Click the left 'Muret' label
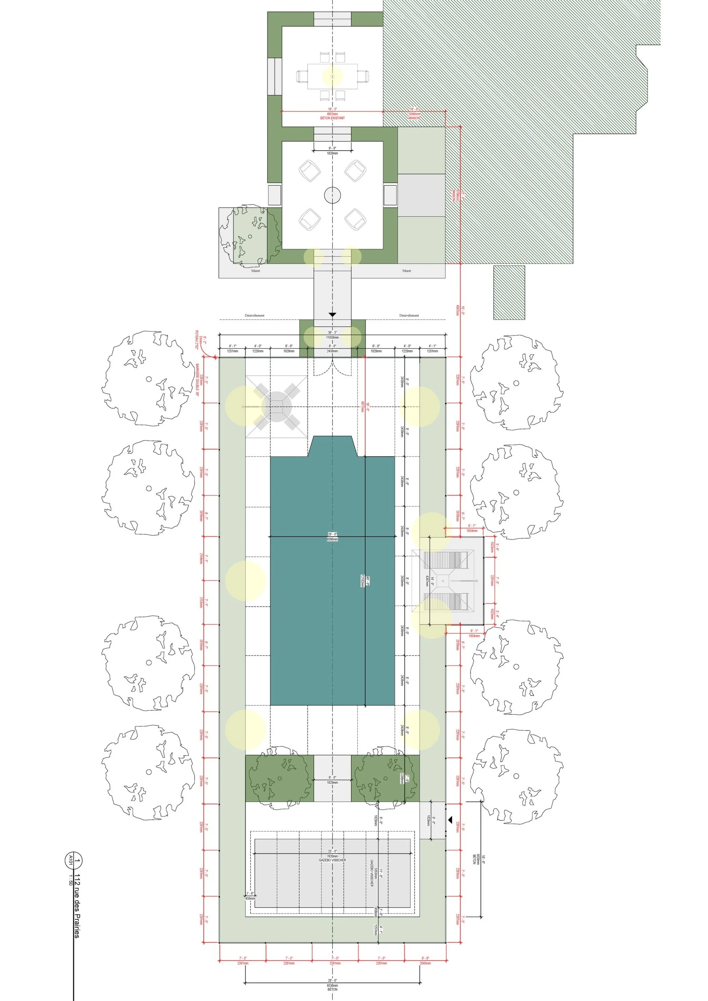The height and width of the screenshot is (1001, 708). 256,271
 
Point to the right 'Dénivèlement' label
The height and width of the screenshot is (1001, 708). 409,315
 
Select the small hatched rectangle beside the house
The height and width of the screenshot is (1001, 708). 509,292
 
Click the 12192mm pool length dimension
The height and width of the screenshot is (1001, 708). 362,581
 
